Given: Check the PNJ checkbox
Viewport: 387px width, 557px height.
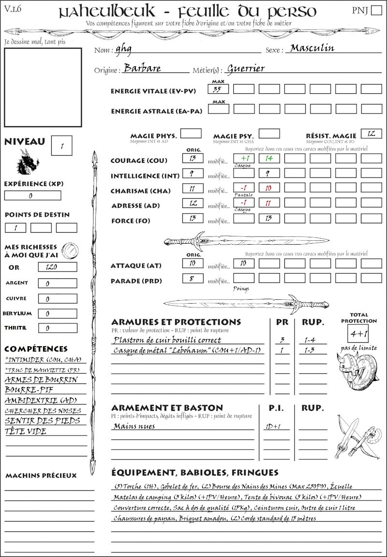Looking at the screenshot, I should (x=376, y=11).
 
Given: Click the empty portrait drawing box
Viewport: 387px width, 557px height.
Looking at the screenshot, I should (x=43, y=87).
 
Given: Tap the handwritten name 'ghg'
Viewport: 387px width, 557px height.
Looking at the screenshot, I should (x=123, y=49).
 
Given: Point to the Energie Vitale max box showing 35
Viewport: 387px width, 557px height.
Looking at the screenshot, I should (x=218, y=89).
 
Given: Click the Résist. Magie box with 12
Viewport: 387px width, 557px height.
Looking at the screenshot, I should (x=371, y=133).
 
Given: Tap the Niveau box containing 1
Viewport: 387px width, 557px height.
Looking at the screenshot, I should (x=62, y=145).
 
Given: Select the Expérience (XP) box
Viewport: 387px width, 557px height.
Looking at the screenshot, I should (x=33, y=195).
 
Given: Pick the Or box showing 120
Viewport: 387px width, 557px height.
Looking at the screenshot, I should (x=57, y=267).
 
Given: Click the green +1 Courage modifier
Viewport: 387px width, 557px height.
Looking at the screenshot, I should (x=244, y=158).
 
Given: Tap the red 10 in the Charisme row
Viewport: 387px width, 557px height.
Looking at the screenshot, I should (x=269, y=189).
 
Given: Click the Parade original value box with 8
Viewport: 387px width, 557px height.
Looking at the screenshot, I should (x=193, y=278).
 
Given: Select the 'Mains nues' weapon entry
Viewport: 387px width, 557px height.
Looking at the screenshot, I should (x=134, y=426).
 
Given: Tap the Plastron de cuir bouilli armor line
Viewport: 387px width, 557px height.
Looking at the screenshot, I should (x=167, y=339).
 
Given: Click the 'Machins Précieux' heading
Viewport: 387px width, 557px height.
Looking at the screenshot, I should (x=41, y=476).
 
